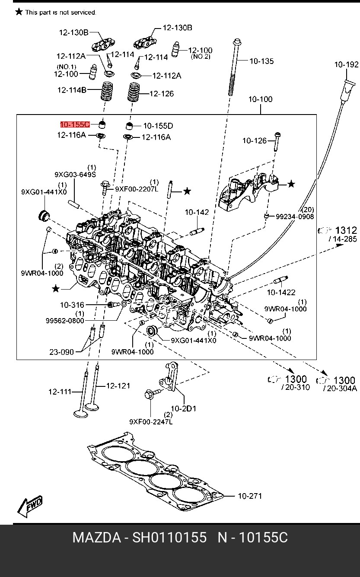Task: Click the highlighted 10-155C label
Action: coord(75,124)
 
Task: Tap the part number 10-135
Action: coord(261,61)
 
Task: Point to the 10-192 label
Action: coord(346,64)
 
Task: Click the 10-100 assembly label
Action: coord(260,99)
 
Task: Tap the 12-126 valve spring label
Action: coord(162,93)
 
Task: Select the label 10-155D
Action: coord(158,126)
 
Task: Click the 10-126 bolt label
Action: coord(255,140)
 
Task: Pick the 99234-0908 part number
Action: coord(295,217)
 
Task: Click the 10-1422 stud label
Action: coord(281,292)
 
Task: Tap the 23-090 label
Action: coord(61,352)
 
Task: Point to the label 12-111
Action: coord(60,392)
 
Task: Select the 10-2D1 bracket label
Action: coord(184,408)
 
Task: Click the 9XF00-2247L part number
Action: coord(151,422)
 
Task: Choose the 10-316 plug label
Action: coord(72,305)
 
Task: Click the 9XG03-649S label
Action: coord(75,175)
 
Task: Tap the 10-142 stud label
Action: coord(197,212)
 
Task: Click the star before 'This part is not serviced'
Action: coord(19,12)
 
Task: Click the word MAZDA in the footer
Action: coord(97,538)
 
